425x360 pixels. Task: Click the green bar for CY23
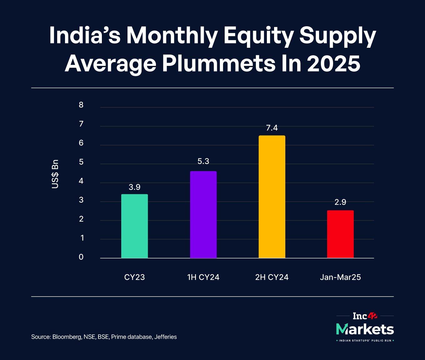click(134, 226)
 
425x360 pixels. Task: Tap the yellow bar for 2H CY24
click(272, 197)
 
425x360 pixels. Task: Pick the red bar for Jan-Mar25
click(340, 234)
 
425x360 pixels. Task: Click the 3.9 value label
click(134, 187)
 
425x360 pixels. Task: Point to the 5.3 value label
click(203, 161)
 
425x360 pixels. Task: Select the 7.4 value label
click(272, 128)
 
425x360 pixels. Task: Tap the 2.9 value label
click(340, 202)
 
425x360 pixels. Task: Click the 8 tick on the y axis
click(81, 105)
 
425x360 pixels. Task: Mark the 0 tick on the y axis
click(81, 257)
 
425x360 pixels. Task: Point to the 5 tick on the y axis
click(81, 162)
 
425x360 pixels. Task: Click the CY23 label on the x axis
click(134, 277)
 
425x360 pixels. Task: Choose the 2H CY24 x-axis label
click(272, 277)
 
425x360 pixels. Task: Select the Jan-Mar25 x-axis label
click(340, 277)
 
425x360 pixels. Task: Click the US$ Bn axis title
click(55, 174)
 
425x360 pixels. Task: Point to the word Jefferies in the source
click(165, 337)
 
